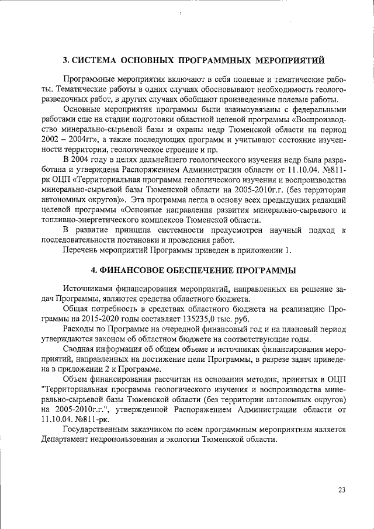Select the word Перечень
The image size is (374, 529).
(x=84, y=250)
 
